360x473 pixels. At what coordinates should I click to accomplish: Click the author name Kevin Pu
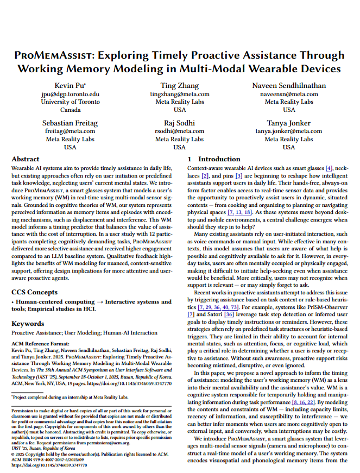pos(70,86)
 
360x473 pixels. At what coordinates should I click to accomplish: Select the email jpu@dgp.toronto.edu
pos(70,94)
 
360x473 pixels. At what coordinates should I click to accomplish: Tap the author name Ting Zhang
pos(179,86)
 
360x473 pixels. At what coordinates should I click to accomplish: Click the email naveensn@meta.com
pos(289,94)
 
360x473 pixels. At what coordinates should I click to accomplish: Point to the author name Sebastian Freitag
pos(70,123)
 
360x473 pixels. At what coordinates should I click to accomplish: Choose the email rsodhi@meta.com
pos(179,131)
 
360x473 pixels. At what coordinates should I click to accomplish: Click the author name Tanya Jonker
pos(289,123)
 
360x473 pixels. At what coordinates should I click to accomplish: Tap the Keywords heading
pos(28,324)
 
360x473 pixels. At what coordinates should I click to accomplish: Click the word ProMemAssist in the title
pos(55,55)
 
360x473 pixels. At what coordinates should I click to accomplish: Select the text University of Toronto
pos(70,102)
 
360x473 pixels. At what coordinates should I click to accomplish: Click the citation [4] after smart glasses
pos(329,169)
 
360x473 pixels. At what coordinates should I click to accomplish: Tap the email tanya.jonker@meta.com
pos(289,131)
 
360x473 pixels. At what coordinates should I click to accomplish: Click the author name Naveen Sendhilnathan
pos(289,86)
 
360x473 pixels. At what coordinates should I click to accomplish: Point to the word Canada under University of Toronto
pos(70,109)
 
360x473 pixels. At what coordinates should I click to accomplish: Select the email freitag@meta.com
pos(70,131)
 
